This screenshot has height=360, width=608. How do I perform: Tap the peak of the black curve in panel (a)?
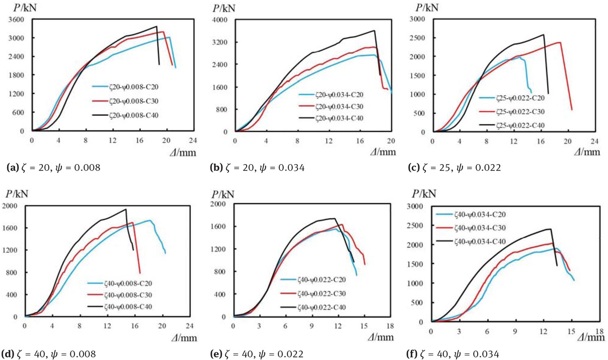click(157, 27)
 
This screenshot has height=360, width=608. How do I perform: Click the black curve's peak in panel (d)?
click(126, 209)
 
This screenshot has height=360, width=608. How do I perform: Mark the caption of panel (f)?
click(453, 354)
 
